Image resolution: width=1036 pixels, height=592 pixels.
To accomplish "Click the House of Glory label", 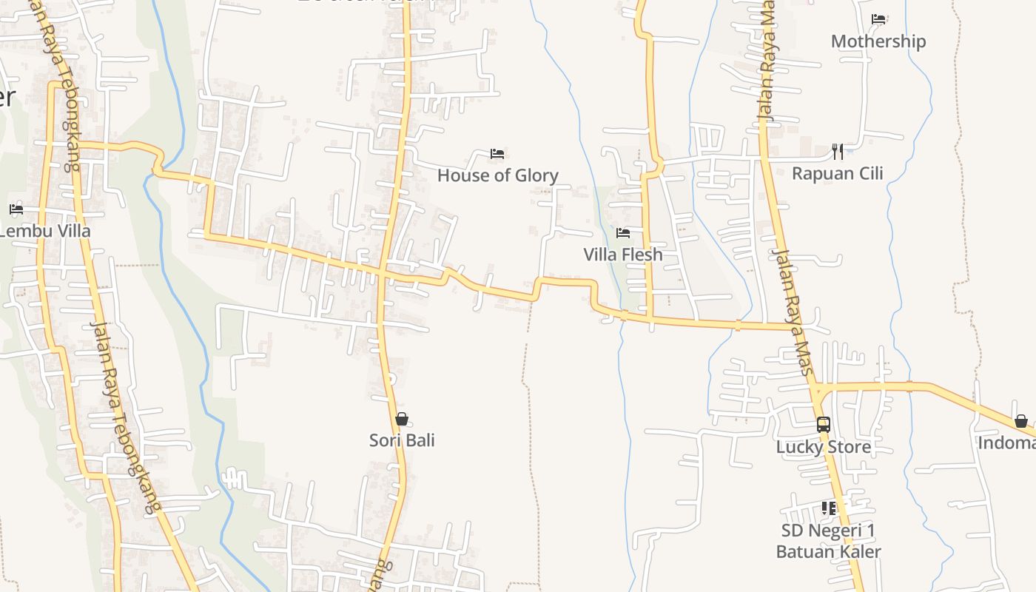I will click(497, 175).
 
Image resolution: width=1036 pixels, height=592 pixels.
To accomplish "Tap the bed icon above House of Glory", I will click(497, 154).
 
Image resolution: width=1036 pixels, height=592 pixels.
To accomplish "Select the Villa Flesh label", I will click(623, 255).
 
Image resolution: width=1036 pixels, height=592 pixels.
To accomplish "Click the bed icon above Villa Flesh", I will click(623, 233).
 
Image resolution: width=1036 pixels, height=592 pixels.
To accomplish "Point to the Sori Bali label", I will click(402, 440).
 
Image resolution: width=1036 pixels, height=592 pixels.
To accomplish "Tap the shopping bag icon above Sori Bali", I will click(402, 420).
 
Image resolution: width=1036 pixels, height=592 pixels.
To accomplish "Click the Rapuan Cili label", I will click(838, 174).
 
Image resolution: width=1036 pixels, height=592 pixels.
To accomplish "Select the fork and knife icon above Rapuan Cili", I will click(838, 152).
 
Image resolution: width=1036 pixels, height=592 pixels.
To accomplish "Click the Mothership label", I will click(878, 41).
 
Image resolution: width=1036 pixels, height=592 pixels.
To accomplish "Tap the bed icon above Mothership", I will click(878, 19).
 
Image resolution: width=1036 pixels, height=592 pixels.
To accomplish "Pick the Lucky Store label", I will click(823, 447).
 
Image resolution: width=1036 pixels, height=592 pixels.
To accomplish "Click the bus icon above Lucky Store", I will click(823, 425).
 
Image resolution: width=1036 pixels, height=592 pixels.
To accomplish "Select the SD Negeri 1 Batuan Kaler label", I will click(828, 541).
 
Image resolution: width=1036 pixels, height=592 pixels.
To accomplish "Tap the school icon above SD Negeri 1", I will click(828, 508).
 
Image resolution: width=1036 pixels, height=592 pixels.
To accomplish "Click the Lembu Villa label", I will click(44, 231).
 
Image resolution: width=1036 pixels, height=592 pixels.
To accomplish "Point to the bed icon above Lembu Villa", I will click(16, 209).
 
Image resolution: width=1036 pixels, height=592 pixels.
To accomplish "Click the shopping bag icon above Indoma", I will click(1021, 421).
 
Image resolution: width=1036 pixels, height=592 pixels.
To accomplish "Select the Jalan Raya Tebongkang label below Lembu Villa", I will click(125, 418).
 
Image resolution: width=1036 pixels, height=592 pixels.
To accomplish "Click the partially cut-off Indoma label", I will click(1006, 443).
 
